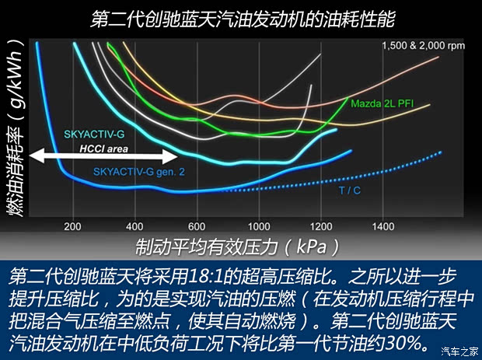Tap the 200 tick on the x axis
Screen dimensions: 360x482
(x=73, y=226)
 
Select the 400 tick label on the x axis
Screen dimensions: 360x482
(x=134, y=226)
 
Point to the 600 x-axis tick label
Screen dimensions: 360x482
(x=197, y=226)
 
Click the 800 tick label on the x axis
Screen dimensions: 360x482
(x=258, y=226)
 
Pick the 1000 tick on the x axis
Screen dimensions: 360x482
(x=320, y=226)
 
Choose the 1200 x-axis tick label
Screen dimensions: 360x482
(x=320, y=226)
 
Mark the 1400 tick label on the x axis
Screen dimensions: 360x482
(x=382, y=226)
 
